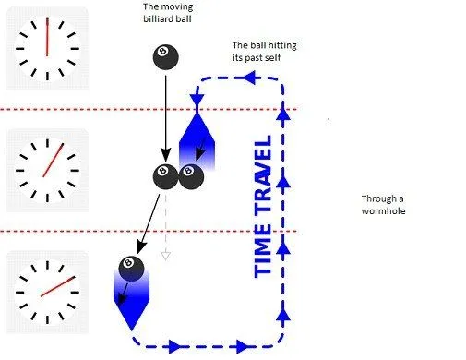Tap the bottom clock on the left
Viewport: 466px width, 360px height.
pos(47,289)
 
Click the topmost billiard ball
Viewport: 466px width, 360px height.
pos(166,58)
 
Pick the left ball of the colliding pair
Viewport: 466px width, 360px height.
pos(165,175)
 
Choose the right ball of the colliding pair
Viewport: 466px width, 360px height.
pos(191,175)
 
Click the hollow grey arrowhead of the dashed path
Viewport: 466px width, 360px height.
pos(165,255)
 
